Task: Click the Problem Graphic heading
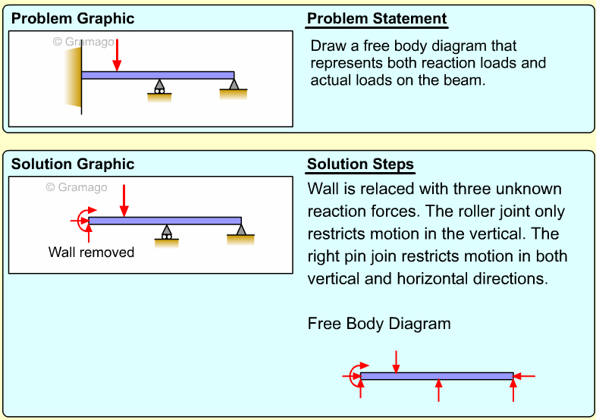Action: [72, 19]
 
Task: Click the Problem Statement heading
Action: [377, 19]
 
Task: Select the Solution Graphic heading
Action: [72, 165]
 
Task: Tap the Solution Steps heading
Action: [360, 165]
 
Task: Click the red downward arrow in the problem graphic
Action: [117, 55]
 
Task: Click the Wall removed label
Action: [91, 252]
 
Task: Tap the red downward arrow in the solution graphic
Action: [124, 199]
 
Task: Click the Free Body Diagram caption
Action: [379, 324]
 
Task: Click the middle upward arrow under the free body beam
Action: [438, 390]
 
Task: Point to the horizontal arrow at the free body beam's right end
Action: [525, 376]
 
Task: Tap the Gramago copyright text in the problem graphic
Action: [83, 42]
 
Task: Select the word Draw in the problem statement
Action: [328, 45]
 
